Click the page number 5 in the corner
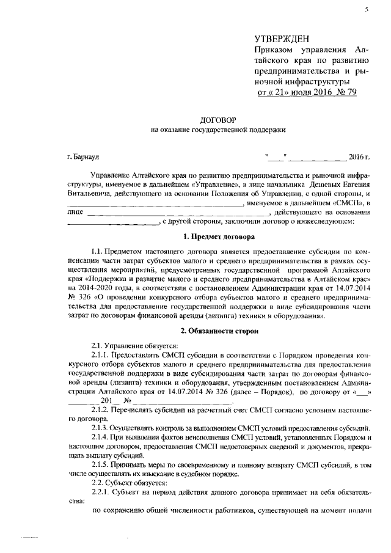(367, 10)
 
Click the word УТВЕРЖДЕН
(286, 38)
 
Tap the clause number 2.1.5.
(100, 467)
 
